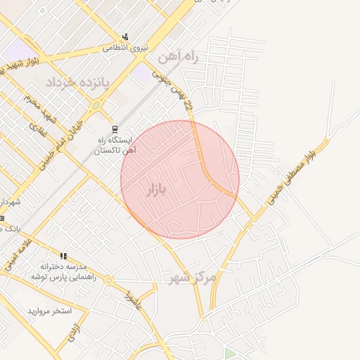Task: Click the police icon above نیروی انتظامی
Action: tap(125, 37)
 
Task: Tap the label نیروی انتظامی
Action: tap(123, 49)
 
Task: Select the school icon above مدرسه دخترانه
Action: tap(63, 256)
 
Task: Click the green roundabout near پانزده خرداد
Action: tap(96, 106)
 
